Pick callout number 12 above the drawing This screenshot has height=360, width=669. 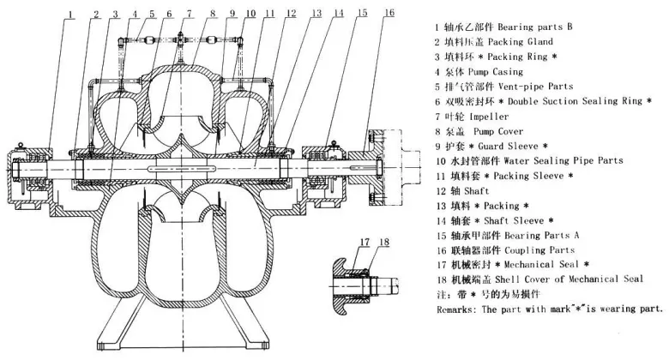292,14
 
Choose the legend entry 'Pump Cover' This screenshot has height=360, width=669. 521,131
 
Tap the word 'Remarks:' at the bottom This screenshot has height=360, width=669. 461,309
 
